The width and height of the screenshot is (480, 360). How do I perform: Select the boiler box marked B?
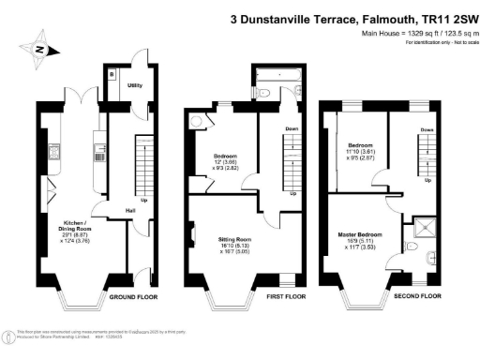(111, 72)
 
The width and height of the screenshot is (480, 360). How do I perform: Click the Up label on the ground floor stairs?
(143, 200)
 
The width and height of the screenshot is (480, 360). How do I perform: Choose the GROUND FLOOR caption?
(131, 296)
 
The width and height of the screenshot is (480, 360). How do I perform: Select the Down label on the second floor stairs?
(427, 129)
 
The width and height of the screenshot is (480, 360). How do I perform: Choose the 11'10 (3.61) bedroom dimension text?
(361, 152)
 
